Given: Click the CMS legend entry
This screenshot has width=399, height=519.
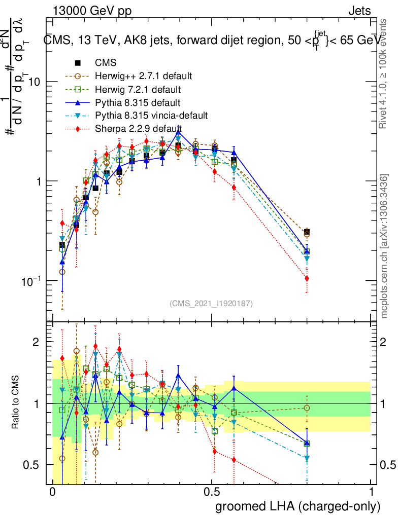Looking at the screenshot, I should [x=106, y=63].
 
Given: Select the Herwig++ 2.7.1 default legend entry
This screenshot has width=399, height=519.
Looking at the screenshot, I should [x=143, y=77].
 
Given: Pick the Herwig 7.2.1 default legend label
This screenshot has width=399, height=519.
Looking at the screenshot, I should [x=138, y=90].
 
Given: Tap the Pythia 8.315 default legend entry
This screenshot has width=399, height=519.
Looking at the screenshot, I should [x=138, y=103].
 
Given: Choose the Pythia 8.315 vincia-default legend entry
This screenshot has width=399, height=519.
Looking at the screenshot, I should [x=151, y=116].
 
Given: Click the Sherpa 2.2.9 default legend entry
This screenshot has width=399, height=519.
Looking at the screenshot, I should [x=139, y=129].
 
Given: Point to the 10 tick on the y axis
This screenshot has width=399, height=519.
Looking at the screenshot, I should [x=34, y=82].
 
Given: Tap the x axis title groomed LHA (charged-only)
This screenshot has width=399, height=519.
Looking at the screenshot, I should [x=298, y=506].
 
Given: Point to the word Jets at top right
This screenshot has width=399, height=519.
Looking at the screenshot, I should [x=359, y=11].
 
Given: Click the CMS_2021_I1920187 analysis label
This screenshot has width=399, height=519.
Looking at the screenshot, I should [x=211, y=303].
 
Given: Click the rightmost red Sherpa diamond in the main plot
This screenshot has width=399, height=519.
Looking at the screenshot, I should [x=307, y=278].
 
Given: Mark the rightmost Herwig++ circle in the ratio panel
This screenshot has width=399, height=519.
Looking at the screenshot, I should [x=307, y=408].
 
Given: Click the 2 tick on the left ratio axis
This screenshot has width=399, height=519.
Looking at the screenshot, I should [x=36, y=342].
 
